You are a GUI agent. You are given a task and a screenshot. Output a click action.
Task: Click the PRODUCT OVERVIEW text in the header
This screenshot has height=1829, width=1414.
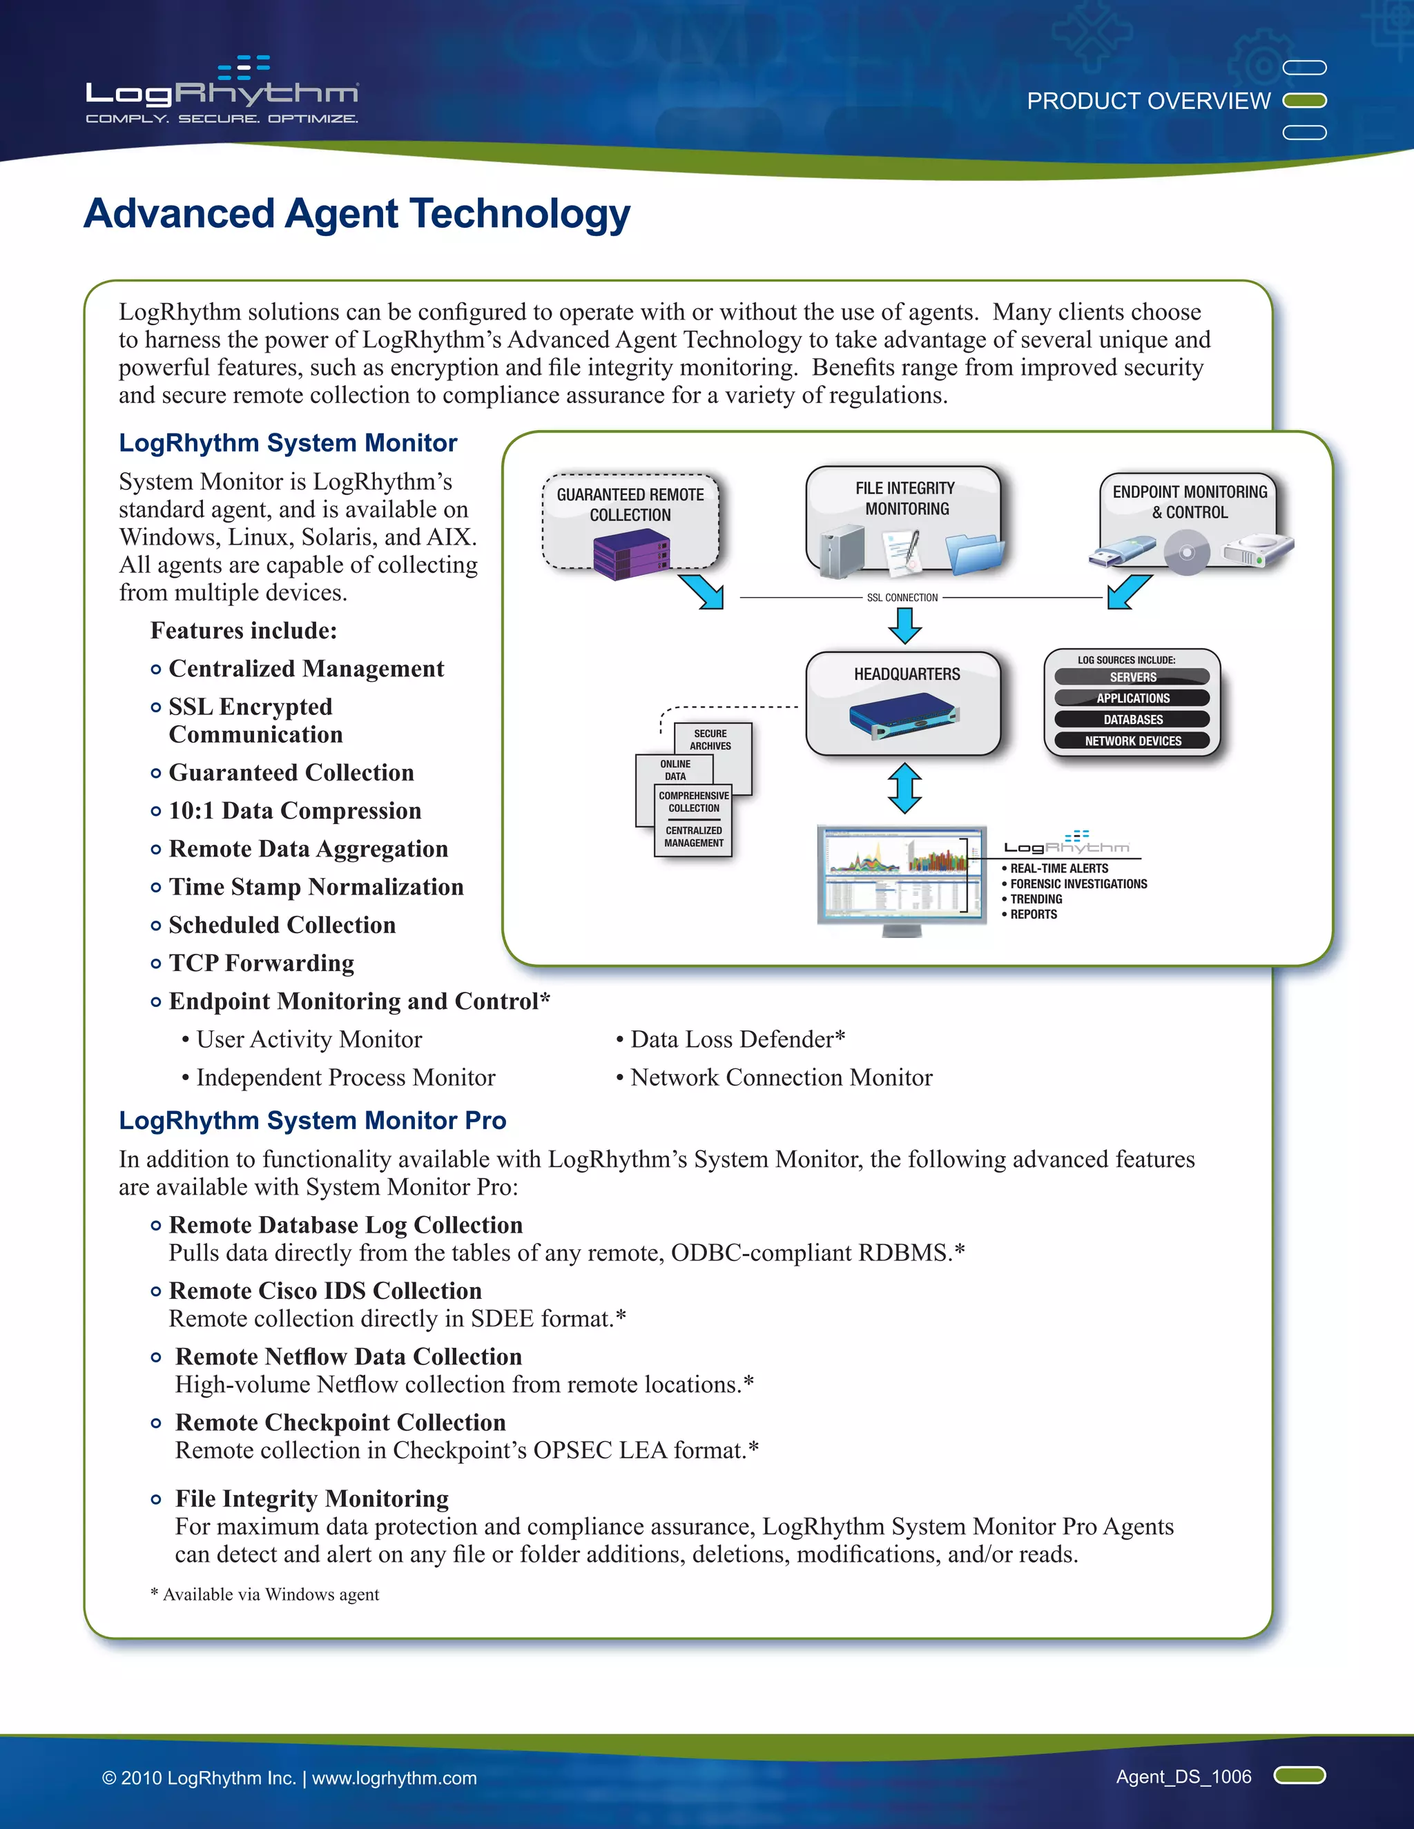[1148, 101]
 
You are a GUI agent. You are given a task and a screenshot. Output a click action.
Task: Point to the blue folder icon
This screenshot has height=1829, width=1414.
[974, 554]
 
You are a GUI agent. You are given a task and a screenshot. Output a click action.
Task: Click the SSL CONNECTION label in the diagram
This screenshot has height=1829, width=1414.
[902, 598]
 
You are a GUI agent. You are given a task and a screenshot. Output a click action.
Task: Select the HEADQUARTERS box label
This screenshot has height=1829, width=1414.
[907, 674]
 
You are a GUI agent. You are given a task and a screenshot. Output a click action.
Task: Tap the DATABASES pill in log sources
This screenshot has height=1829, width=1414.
[1132, 719]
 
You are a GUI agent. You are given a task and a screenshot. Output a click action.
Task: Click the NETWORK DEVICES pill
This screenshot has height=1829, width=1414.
[1132, 741]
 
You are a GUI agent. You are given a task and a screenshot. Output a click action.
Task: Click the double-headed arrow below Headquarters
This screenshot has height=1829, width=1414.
[904, 788]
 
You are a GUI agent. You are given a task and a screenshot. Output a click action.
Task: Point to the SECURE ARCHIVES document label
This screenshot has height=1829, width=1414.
[710, 739]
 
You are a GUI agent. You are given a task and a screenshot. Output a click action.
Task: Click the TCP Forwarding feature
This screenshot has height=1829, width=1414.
[262, 963]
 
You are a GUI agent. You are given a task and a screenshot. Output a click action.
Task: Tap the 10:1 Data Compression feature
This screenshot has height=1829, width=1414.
[295, 811]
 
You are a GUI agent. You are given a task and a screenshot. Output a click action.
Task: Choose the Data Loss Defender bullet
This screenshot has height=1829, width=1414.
[737, 1039]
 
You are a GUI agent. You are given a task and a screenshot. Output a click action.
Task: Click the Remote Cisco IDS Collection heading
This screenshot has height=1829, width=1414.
[325, 1291]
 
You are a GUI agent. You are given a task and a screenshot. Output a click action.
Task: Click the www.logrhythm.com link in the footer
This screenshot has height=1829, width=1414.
[394, 1778]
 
